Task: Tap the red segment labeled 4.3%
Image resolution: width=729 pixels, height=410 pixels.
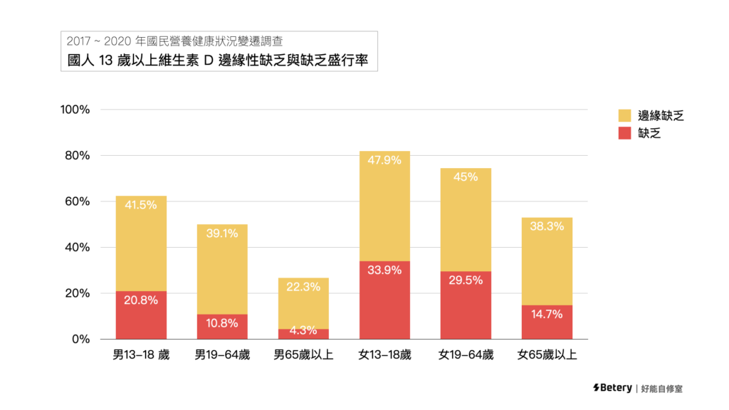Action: pyautogui.click(x=303, y=333)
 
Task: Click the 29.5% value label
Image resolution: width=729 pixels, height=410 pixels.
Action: pyautogui.click(x=466, y=280)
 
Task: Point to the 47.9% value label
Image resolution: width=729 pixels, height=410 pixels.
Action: pyautogui.click(x=384, y=160)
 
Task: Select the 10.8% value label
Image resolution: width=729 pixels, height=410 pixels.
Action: pyautogui.click(x=222, y=323)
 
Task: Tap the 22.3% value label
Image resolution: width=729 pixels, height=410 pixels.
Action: pyautogui.click(x=303, y=287)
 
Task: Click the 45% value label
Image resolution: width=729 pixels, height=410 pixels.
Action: pyautogui.click(x=466, y=177)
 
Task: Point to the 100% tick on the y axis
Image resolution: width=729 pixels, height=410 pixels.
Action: pyautogui.click(x=75, y=110)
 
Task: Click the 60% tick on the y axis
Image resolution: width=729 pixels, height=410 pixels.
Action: pyautogui.click(x=78, y=201)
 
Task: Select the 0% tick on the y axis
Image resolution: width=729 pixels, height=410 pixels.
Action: pyautogui.click(x=80, y=340)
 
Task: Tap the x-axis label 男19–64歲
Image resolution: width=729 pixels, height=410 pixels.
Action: pyautogui.click(x=222, y=354)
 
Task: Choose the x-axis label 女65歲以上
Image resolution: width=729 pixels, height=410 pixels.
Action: pyautogui.click(x=547, y=354)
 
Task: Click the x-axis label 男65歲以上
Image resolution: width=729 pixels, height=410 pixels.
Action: pyautogui.click(x=303, y=354)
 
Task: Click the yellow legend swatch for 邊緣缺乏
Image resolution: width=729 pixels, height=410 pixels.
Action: pyautogui.click(x=625, y=115)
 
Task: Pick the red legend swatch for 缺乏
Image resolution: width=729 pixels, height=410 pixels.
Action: pyautogui.click(x=625, y=132)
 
